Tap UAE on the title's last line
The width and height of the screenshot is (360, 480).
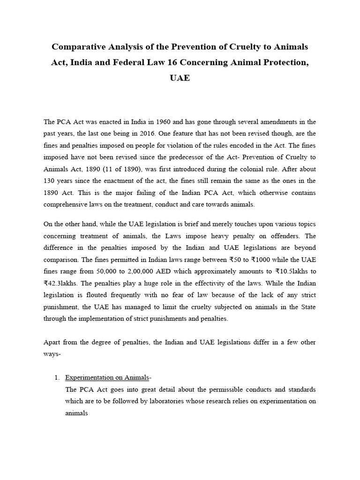(180, 78)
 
